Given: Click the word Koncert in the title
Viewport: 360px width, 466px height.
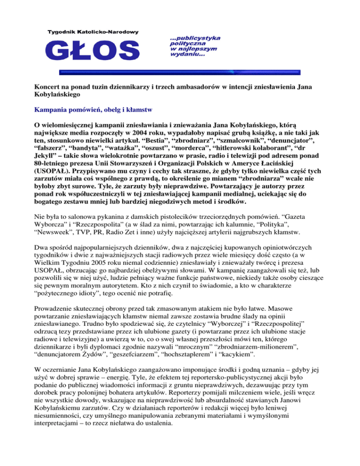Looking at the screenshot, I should coord(49,86).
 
